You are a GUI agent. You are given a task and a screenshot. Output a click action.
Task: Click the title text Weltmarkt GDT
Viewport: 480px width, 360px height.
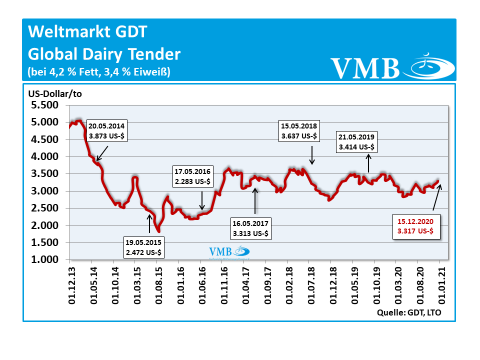[88, 32]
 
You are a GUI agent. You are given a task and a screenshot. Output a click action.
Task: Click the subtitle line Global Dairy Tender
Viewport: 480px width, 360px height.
[104, 53]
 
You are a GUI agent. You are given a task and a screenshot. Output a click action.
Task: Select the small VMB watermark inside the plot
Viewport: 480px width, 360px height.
[228, 252]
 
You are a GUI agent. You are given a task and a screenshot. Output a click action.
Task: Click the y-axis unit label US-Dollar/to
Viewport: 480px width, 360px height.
[54, 94]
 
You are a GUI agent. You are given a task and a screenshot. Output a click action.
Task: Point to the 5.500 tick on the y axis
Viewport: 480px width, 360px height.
[44, 105]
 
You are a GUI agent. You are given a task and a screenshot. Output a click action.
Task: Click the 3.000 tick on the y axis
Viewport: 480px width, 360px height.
[44, 191]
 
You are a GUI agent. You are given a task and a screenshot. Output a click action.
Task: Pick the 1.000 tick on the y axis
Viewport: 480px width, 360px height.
[44, 260]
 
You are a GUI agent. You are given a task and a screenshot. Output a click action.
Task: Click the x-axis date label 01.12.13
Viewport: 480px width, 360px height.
[70, 285]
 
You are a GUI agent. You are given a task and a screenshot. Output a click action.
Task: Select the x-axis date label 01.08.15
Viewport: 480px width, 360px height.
[157, 285]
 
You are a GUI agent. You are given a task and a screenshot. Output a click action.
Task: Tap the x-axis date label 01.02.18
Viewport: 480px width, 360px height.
[287, 285]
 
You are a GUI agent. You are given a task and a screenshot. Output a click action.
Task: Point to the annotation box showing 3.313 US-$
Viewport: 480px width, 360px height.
[249, 228]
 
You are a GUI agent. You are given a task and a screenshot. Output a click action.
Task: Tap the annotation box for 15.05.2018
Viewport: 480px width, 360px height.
[299, 130]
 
